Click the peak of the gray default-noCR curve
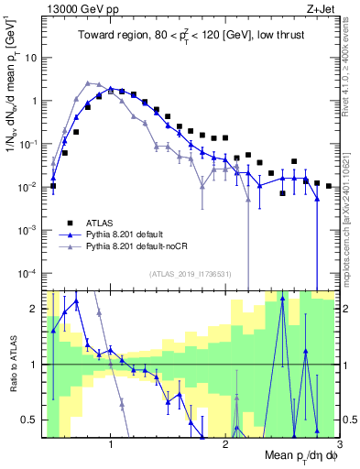87,82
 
